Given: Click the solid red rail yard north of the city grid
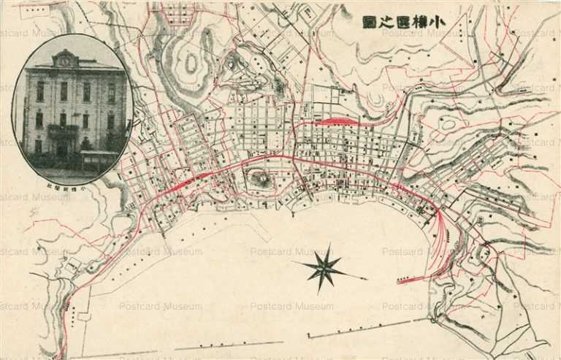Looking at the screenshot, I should coord(338,121).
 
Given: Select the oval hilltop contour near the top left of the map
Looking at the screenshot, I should coord(191,64).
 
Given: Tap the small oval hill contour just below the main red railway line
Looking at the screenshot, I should coord(260,177).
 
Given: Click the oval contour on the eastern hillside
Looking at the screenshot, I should coord(448,124).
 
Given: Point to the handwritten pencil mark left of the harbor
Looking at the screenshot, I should coord(34,212).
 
